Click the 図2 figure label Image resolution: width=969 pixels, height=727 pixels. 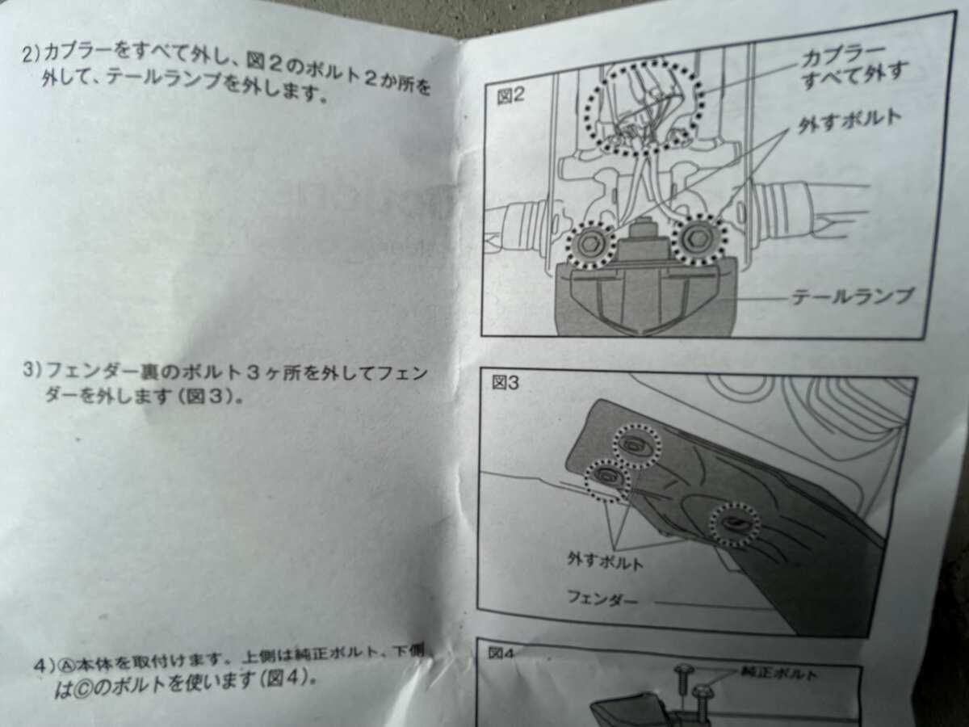pos(510,96)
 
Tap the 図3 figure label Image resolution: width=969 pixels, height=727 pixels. pos(505,383)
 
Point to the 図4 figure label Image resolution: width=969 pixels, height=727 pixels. pos(501,653)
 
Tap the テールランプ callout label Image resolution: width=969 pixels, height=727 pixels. pos(851,296)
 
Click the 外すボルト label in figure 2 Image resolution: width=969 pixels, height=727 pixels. pos(849,120)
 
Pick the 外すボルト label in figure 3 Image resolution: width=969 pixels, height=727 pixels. pos(606,562)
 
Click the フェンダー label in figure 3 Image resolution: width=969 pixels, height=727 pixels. pos(602,599)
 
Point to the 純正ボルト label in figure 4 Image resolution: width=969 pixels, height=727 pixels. pos(778,674)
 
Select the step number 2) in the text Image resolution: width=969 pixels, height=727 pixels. pos(31,54)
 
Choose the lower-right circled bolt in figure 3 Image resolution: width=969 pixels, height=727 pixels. pos(735,524)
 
